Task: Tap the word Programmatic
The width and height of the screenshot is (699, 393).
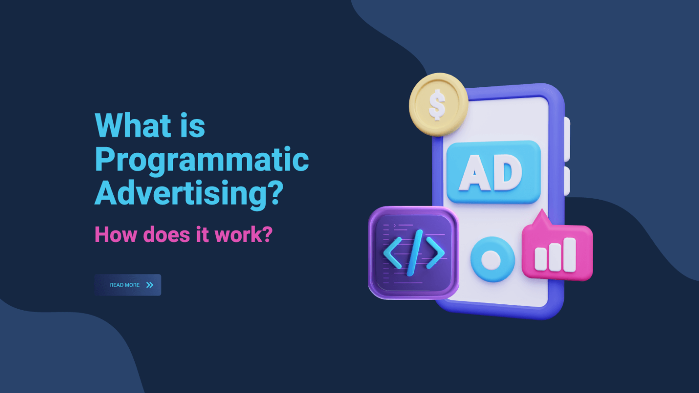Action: (x=202, y=160)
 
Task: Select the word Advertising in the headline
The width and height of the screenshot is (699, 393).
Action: (x=180, y=193)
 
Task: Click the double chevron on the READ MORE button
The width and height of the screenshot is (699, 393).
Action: (x=150, y=285)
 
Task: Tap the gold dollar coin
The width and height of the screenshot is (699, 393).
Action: (x=438, y=104)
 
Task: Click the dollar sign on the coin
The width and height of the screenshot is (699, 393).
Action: (x=437, y=105)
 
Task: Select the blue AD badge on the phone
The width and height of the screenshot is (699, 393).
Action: (x=493, y=172)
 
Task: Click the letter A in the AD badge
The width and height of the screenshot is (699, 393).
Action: (x=475, y=173)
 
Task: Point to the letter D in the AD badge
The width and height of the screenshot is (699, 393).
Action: (x=508, y=173)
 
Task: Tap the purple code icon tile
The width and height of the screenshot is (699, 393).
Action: (x=413, y=253)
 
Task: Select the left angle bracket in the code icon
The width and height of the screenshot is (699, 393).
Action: (x=392, y=253)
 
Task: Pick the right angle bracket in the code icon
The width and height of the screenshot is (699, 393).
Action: (x=435, y=253)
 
